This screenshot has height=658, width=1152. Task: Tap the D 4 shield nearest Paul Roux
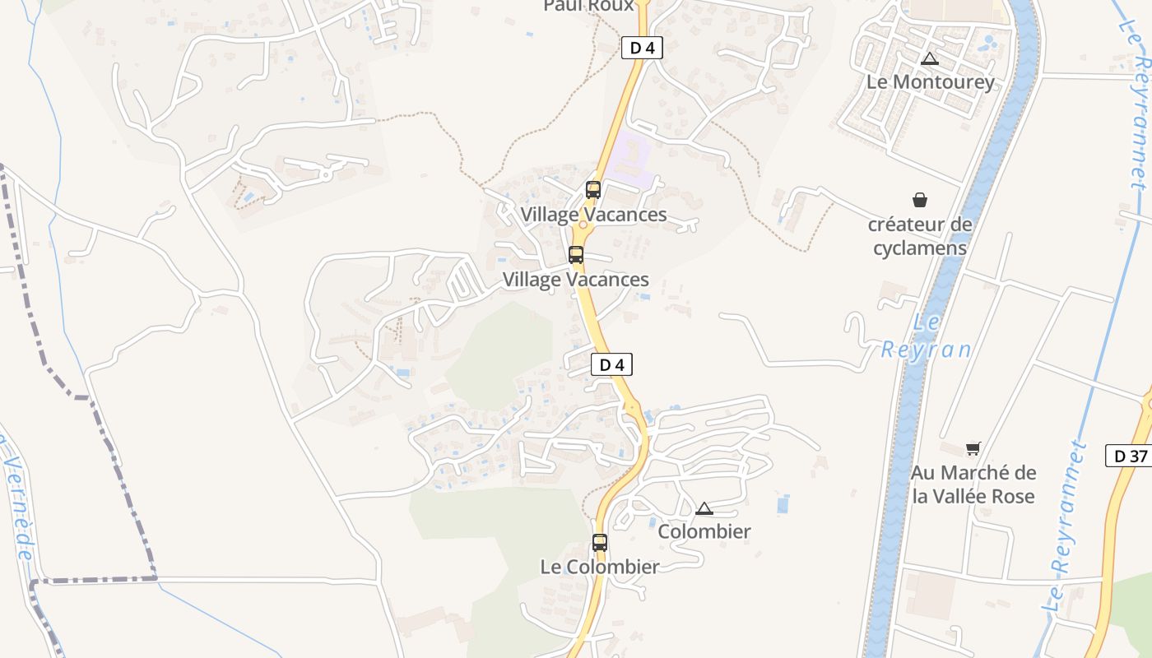[642, 48]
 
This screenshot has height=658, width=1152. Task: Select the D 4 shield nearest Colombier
[612, 364]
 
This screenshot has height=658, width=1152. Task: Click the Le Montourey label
[931, 82]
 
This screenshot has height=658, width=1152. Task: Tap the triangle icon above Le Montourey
[930, 58]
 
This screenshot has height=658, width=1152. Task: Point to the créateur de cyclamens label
[920, 236]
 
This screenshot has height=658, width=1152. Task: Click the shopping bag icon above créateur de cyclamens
[919, 200]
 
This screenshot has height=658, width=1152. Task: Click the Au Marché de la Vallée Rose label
[973, 484]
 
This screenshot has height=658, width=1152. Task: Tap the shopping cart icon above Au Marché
[973, 448]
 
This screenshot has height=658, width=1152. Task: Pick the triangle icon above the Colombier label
[704, 508]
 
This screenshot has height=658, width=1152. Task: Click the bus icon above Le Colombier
[600, 543]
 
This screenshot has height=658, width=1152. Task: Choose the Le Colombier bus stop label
[600, 567]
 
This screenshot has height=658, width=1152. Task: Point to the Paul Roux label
[589, 6]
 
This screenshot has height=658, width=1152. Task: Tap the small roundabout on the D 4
[583, 225]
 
